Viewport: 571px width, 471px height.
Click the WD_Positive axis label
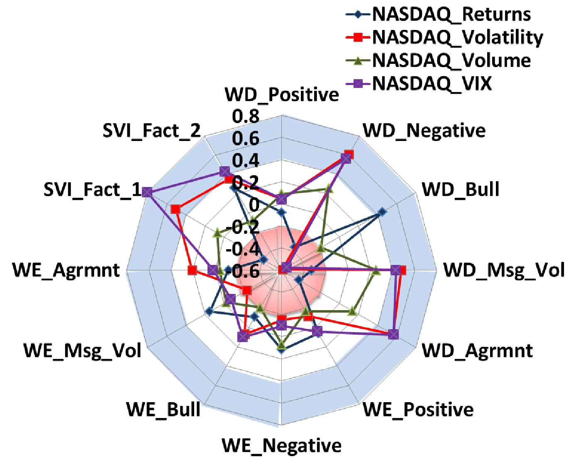tap(282, 95)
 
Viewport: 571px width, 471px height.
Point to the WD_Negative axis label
tap(424, 131)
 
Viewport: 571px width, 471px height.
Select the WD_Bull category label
tap(461, 189)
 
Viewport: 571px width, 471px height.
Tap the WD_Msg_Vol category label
tap(504, 270)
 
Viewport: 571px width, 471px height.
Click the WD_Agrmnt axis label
tap(477, 351)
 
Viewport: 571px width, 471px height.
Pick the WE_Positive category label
tap(418, 410)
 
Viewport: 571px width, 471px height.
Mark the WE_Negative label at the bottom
tap(282, 446)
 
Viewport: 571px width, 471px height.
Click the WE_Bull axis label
tap(163, 410)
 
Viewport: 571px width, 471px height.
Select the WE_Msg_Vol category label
tap(83, 351)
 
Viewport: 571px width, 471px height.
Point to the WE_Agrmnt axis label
tap(66, 270)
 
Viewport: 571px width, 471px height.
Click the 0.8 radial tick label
tap(246, 117)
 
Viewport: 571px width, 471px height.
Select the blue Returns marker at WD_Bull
tap(382, 212)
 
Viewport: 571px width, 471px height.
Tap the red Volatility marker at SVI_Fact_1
tap(176, 209)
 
